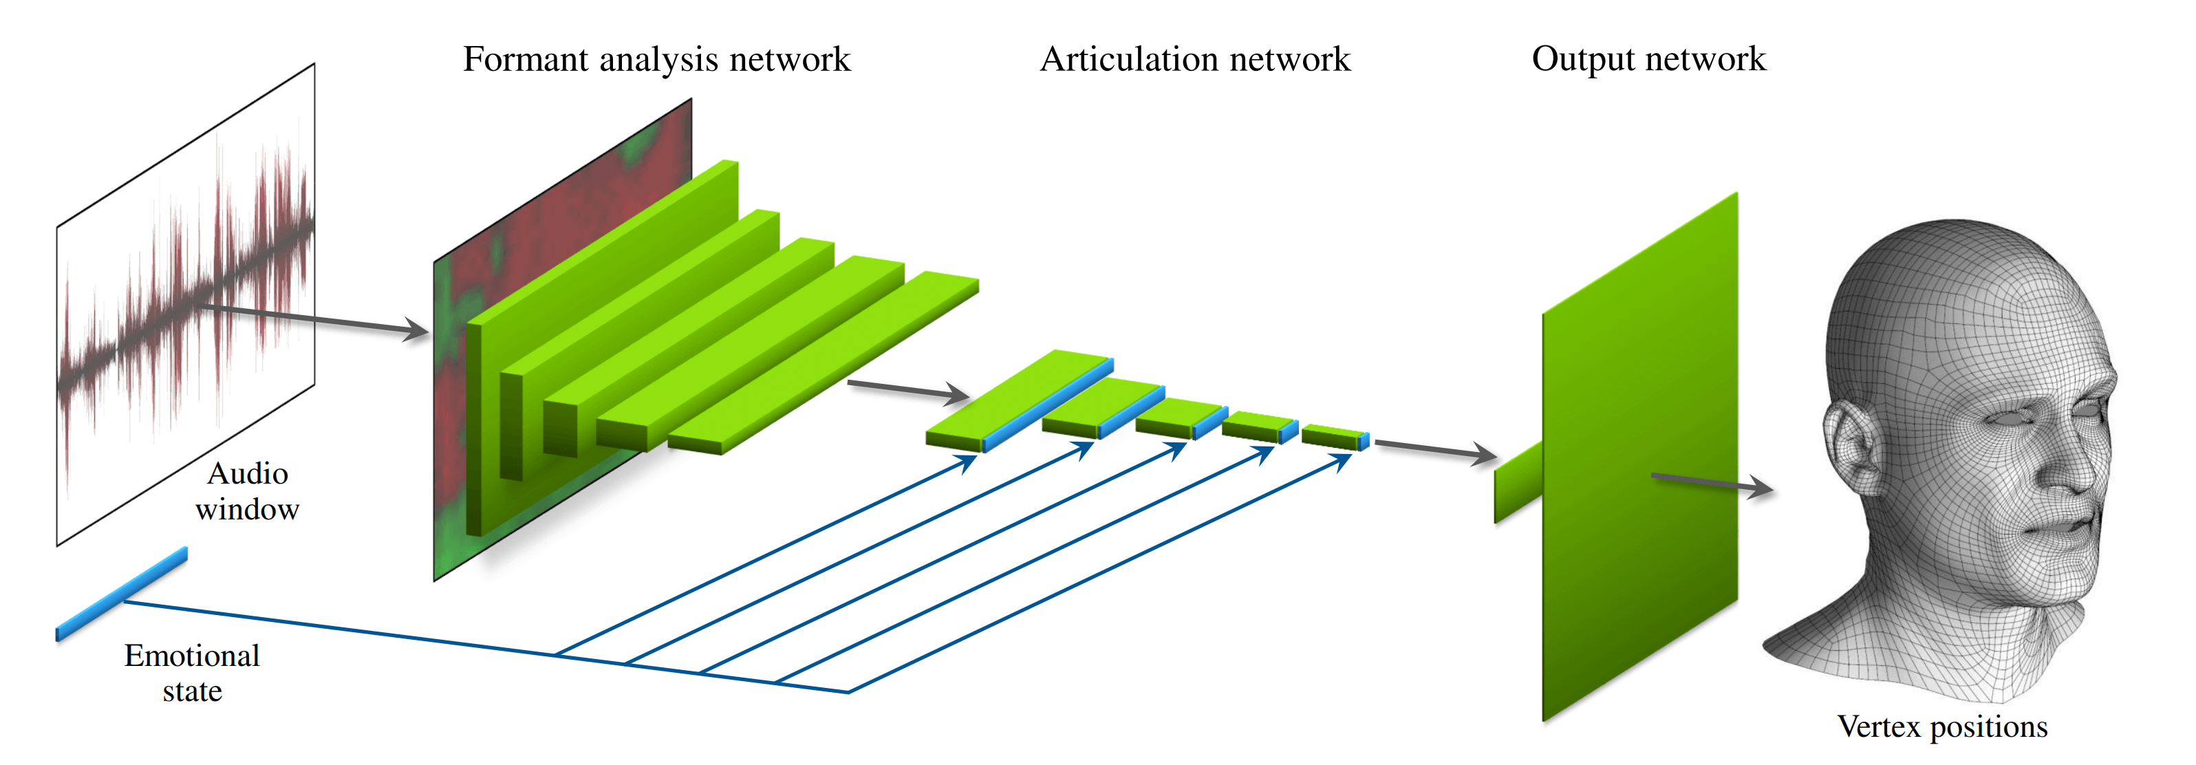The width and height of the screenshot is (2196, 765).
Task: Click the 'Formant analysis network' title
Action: tap(656, 60)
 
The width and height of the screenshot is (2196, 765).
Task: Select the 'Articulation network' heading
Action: tap(1195, 59)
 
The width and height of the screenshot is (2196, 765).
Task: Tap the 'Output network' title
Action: tap(1648, 59)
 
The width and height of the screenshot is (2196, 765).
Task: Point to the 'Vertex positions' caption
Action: tap(1942, 726)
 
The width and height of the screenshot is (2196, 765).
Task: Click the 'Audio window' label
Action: tap(247, 491)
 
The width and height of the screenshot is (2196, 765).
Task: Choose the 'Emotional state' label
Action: tap(192, 673)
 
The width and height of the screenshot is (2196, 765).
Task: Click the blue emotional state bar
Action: tap(121, 594)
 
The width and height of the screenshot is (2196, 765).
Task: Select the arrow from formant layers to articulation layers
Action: tap(909, 391)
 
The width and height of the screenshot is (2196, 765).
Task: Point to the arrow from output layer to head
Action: tap(1712, 484)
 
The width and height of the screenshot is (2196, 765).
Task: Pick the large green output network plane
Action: tap(1639, 456)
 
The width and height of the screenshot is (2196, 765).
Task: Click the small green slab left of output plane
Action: tap(1518, 482)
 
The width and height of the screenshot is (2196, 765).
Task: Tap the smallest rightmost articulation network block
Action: tap(1335, 437)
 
